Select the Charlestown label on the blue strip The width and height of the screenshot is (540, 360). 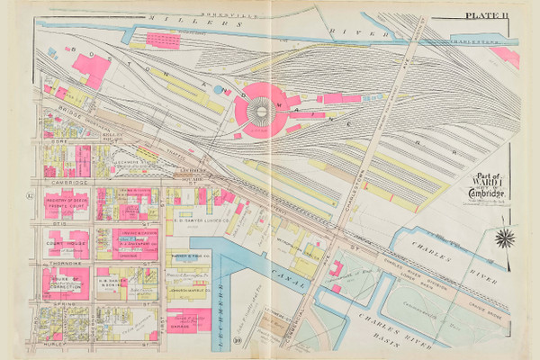486,40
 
